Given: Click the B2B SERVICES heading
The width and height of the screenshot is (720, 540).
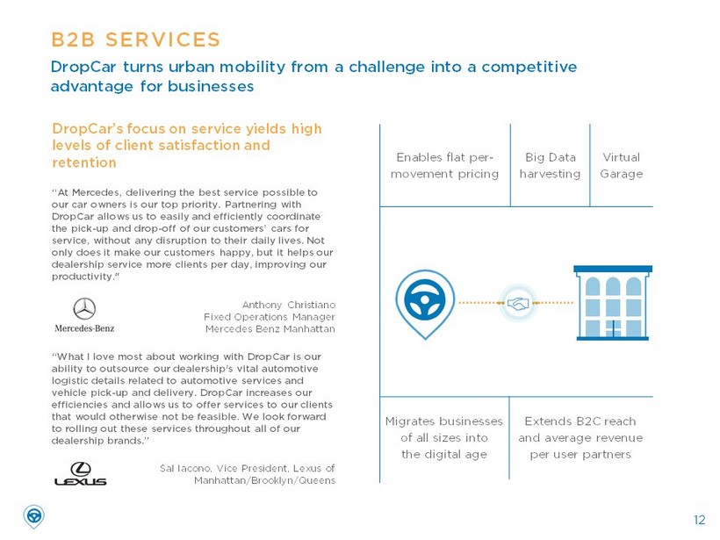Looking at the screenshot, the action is point(136,40).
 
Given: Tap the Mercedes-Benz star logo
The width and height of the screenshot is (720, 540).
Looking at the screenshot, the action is point(84,308).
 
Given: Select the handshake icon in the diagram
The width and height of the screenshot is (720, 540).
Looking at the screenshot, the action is point(518,303).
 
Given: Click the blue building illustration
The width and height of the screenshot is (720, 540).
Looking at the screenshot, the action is point(613,303).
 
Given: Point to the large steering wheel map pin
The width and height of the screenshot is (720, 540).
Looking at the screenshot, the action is point(425,304).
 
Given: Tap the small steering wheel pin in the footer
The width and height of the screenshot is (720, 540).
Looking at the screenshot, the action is point(33,516).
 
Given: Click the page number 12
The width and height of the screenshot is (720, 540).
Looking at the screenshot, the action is point(699,520).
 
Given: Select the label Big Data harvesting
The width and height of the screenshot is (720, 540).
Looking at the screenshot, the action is point(551,165).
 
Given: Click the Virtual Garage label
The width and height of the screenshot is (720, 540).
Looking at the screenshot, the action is point(622,165).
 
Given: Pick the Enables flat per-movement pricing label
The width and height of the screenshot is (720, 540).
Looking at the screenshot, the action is point(444,165).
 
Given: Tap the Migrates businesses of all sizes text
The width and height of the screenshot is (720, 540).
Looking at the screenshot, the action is point(444,437).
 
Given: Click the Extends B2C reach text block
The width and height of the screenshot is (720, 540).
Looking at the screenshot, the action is point(580,437).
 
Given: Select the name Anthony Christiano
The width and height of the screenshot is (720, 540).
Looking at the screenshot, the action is point(288,305).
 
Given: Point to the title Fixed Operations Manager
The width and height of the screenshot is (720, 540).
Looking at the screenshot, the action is point(270,317).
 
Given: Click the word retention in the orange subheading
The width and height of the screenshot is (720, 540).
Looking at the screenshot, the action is point(84,162).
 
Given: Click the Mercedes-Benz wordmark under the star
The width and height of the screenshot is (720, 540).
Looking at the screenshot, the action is point(84,328).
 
